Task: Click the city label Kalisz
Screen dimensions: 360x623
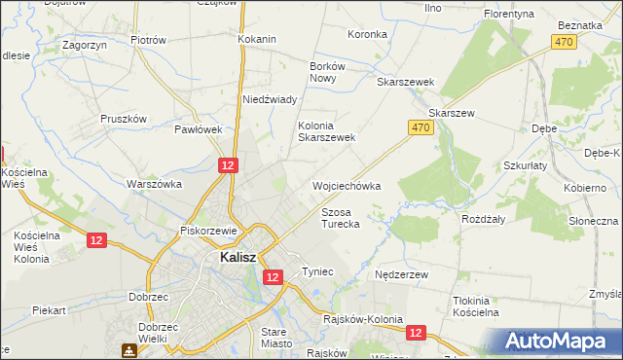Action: (238, 258)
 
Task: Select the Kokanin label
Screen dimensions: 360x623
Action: (257, 39)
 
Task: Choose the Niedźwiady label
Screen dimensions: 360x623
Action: (269, 99)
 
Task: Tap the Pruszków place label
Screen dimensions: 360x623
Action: (123, 119)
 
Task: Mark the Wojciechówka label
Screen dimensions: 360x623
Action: (346, 185)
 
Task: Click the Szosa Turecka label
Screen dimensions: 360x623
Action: (341, 217)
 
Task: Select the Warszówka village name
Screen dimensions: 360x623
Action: (155, 183)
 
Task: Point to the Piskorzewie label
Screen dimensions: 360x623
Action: (210, 231)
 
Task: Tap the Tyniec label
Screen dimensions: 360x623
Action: (318, 270)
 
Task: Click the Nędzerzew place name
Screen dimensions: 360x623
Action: (402, 275)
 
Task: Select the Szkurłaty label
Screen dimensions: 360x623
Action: (526, 166)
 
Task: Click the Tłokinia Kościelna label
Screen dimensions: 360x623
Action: (476, 306)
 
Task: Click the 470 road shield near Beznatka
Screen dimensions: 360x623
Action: (563, 42)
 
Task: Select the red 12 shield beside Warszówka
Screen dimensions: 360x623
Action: (227, 166)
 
